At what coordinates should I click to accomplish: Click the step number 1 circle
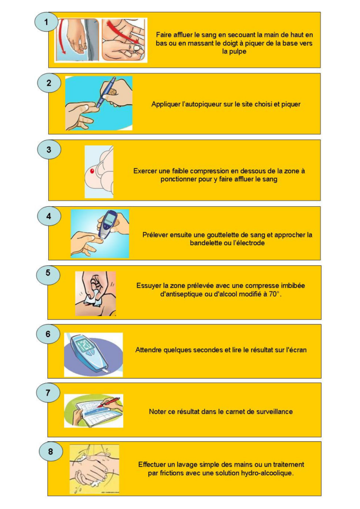pos(46,22)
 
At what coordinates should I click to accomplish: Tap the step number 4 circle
pos(49,216)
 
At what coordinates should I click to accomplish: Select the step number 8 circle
pos(50,452)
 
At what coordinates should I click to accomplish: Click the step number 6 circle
pos(48,334)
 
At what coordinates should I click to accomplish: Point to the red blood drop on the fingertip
pos(92,170)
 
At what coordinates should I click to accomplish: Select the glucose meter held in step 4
pos(108,224)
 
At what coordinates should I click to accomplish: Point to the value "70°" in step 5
pos(275,294)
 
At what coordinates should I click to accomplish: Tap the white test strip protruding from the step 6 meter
pos(105,370)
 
